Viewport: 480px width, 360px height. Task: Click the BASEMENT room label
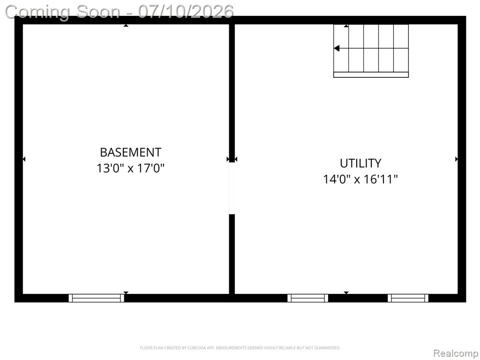pos(131,152)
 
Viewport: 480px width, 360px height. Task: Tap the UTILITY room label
pos(360,163)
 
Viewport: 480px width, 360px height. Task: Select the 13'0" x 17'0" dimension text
pos(131,168)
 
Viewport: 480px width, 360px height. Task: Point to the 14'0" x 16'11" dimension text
pos(360,179)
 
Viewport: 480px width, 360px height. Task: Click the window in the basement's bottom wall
pos(97,298)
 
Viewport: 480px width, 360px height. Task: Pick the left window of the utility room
pos(307,298)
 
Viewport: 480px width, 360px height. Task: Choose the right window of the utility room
pos(408,298)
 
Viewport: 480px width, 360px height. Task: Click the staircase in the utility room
pos(371,51)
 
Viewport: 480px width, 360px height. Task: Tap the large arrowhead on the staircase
pos(337,48)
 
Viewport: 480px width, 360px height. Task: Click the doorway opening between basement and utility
pos(232,188)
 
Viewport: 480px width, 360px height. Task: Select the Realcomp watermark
pos(455,353)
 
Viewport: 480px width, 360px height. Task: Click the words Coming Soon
pos(63,12)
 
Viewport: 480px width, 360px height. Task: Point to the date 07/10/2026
pos(186,12)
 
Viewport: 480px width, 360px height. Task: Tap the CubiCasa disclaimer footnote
pos(240,348)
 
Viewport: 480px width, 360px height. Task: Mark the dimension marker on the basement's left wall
pos(24,159)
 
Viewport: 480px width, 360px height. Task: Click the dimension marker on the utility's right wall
pos(457,159)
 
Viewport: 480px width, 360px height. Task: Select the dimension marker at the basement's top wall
pos(126,26)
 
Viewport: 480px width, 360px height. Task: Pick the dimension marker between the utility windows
pos(346,293)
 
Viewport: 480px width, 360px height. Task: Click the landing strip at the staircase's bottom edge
pos(371,75)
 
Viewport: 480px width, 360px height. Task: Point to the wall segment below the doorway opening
pos(232,254)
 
